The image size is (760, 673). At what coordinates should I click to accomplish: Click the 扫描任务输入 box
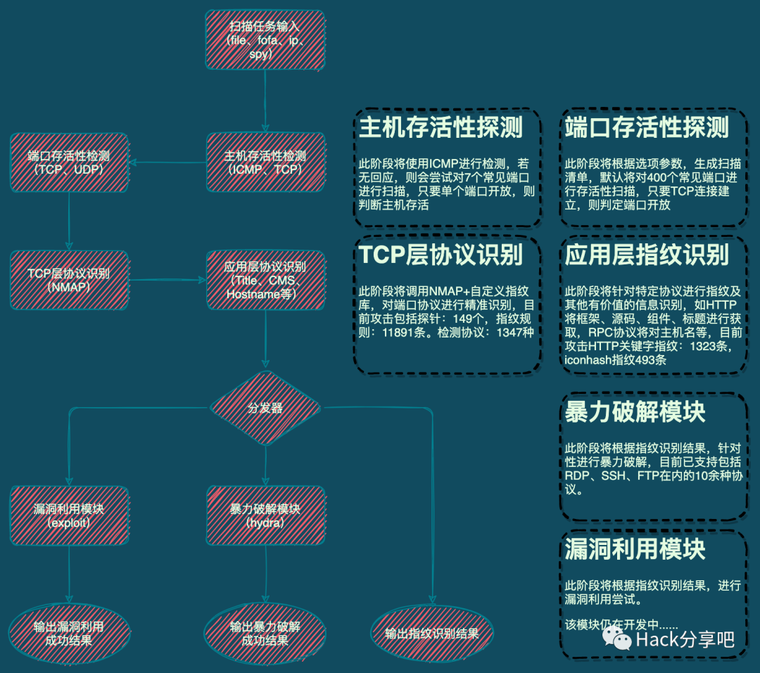265,41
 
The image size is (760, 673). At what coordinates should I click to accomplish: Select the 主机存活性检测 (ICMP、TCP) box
265,162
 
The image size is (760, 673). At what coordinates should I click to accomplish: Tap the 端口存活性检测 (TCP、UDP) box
69,162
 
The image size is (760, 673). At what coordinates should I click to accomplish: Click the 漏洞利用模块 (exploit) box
69,515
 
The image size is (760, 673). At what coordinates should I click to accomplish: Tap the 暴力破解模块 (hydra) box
265,515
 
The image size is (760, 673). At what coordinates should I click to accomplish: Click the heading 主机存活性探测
441,127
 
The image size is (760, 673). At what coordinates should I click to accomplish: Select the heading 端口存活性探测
647,127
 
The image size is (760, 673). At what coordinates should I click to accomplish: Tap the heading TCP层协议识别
441,255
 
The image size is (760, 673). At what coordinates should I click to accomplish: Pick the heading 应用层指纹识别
647,255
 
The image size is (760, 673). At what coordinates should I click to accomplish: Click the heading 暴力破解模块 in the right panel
635,412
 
